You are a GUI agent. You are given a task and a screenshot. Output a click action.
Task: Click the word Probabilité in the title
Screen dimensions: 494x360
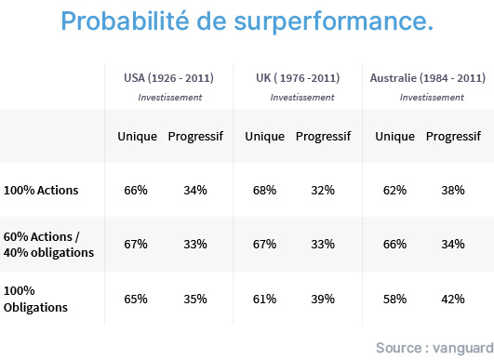pos(125,20)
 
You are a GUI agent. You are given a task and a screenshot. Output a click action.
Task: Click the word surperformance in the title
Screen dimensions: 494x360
pos(334,22)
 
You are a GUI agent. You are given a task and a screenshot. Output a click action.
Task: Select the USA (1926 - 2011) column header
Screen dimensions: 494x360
pos(168,78)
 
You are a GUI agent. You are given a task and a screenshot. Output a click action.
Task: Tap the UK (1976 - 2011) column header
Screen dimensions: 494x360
pos(298,78)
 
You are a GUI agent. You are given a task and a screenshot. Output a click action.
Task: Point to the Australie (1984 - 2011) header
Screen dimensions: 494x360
pos(428,78)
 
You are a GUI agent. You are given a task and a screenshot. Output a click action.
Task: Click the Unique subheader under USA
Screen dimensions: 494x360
pos(137,136)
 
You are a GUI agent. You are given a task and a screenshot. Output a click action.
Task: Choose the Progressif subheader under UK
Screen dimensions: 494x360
pos(323,136)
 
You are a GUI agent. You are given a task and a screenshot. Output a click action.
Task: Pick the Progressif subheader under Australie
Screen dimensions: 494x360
pos(453,136)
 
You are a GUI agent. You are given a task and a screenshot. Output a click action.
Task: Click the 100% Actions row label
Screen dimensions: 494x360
pos(41,191)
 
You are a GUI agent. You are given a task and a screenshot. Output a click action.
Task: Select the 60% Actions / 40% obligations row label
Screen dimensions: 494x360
pos(48,245)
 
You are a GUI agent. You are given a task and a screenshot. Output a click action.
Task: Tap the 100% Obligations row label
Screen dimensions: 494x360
pos(35,299)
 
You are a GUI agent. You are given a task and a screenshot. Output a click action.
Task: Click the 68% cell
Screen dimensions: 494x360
pos(264,191)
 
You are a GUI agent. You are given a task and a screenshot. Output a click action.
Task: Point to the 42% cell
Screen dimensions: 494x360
pos(453,299)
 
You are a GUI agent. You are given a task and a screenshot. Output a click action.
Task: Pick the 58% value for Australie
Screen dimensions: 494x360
pos(394,299)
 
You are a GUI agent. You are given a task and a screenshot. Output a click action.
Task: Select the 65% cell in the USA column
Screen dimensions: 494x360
pos(136,299)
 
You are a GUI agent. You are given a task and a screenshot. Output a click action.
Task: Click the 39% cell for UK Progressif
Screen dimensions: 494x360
pos(323,299)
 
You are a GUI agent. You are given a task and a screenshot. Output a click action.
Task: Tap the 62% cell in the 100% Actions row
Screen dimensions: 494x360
pos(394,191)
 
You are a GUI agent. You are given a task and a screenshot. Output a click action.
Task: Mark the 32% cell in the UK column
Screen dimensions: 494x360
pos(323,191)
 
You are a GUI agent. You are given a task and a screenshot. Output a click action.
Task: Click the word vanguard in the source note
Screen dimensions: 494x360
pos(463,348)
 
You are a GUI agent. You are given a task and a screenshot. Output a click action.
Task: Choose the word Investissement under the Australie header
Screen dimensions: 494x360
pos(432,98)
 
